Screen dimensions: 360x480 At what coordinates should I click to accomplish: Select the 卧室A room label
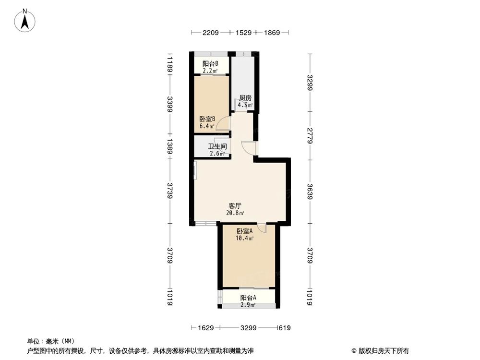pos(244,231)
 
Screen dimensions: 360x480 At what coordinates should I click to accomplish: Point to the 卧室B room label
pos(207,120)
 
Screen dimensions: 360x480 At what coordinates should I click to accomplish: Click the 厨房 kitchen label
pos(245,98)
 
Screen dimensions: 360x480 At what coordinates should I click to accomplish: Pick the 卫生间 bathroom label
pos(217,147)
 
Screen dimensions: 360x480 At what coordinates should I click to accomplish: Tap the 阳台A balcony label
pos(248,298)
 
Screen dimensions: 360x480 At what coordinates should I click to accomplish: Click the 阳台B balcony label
pos(210,64)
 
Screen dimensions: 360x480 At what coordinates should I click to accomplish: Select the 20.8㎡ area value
pos(235,214)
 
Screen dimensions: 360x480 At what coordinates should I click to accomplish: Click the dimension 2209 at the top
pos(210,33)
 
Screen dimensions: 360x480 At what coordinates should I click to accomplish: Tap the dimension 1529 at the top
pos(243,33)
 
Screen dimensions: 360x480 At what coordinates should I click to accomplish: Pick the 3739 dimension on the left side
pos(169,191)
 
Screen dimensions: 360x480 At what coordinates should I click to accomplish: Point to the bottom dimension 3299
pos(248,328)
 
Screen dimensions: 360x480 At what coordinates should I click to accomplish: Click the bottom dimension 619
pos(286,328)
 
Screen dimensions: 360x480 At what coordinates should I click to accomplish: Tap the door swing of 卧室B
pos(222,126)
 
